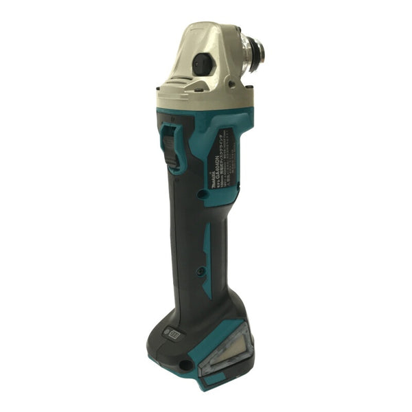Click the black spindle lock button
(201, 65)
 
